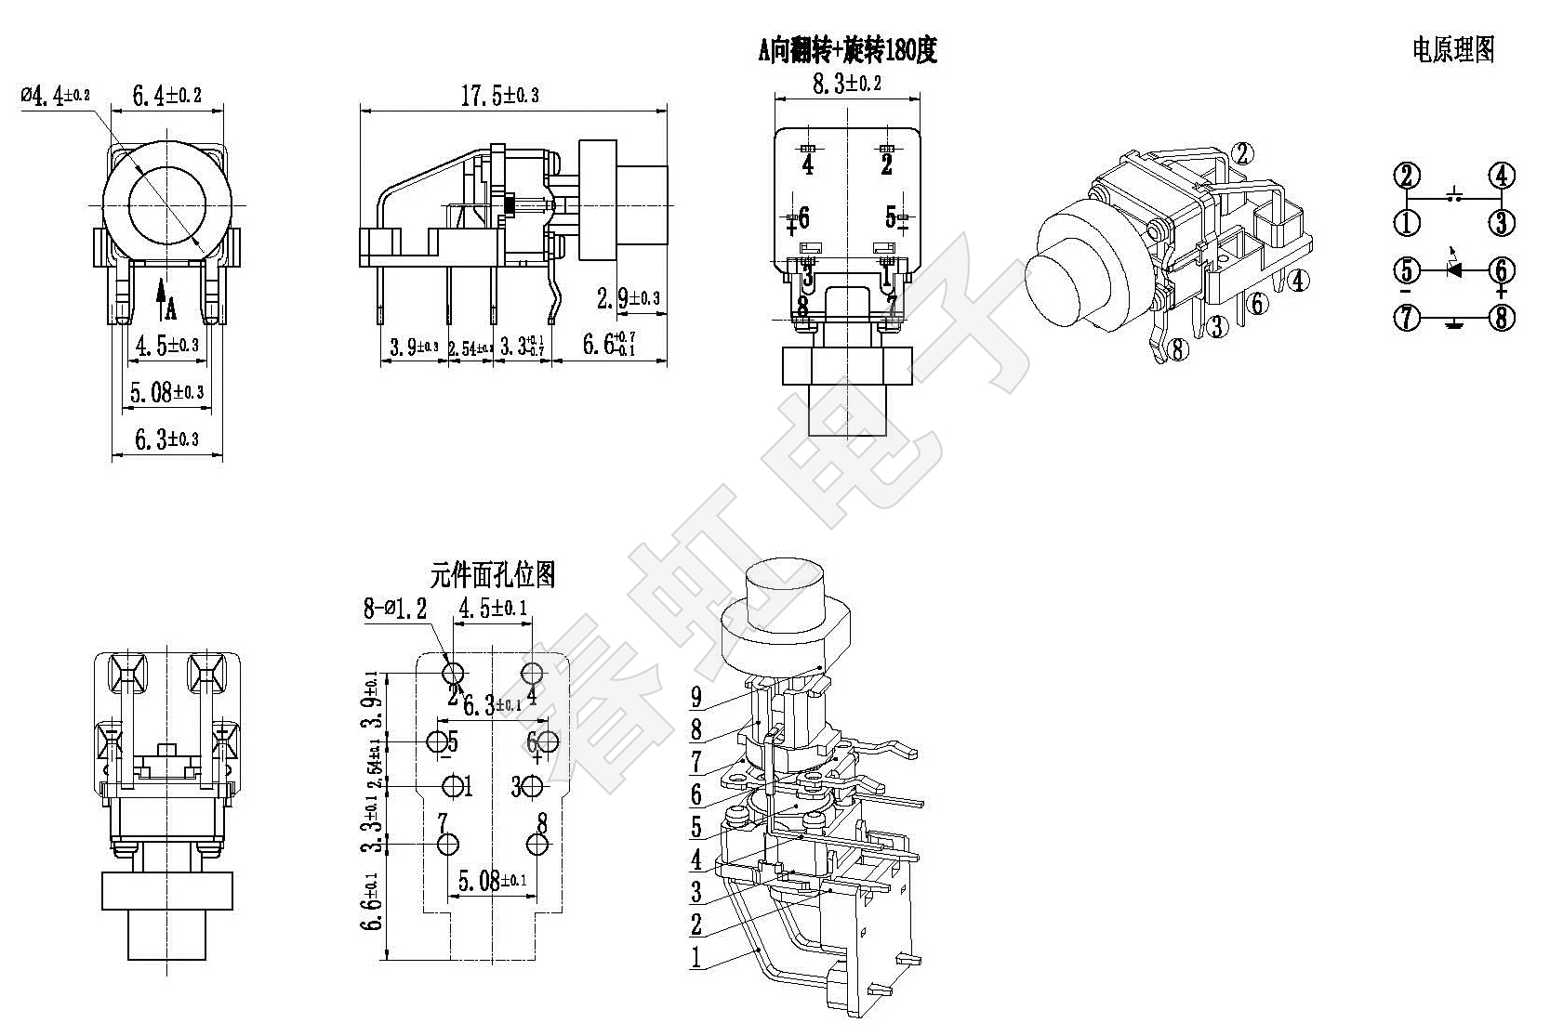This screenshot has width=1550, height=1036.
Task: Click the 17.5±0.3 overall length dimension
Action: [x=500, y=95]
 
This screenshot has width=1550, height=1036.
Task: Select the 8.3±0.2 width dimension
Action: [x=847, y=84]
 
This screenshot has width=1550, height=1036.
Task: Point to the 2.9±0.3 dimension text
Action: [x=629, y=298]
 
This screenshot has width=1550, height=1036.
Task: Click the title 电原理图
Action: [x=1453, y=49]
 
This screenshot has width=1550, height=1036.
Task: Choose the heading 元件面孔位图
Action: [x=493, y=575]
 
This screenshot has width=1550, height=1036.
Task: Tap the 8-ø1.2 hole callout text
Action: [x=394, y=609]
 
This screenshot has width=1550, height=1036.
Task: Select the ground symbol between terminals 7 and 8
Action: [x=1453, y=321]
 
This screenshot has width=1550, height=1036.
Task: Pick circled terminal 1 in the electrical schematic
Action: [x=1407, y=223]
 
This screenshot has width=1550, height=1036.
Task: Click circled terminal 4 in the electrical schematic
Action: [x=1502, y=175]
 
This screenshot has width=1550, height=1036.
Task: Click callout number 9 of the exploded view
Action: [x=696, y=698]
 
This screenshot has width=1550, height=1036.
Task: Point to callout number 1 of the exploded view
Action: [x=696, y=958]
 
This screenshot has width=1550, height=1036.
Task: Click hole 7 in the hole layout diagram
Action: [x=447, y=844]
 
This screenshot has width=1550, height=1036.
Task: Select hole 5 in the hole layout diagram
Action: [x=436, y=741]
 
